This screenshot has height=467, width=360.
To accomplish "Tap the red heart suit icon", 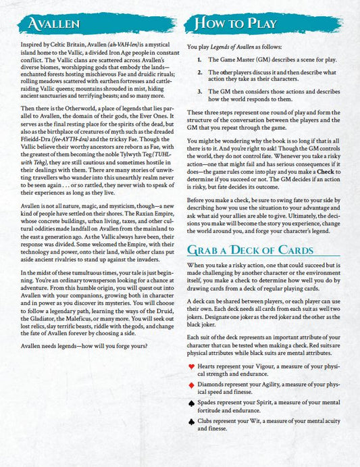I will (x=192, y=365).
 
